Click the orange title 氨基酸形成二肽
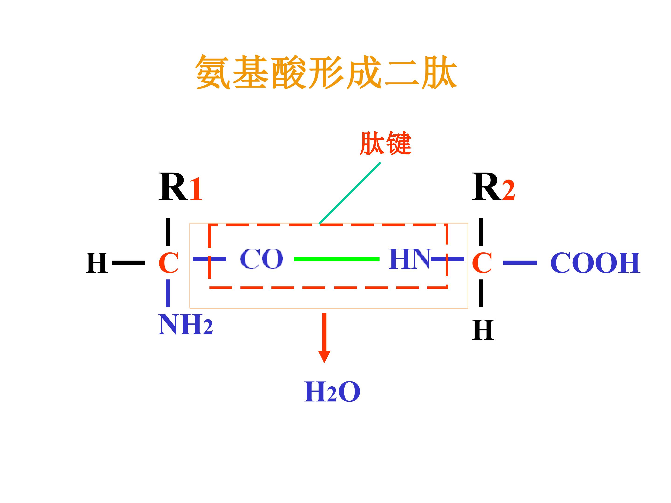tap(326, 72)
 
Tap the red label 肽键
tap(386, 143)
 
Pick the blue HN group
tap(410, 259)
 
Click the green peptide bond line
tap(337, 259)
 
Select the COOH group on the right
tap(596, 263)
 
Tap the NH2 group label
tap(185, 324)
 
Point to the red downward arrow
tap(324, 338)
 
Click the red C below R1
tap(168, 263)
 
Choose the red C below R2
tap(482, 263)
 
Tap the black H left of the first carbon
tap(97, 263)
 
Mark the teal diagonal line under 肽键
tap(350, 193)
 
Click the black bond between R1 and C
tap(168, 232)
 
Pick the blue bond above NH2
tap(168, 293)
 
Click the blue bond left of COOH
tap(520, 263)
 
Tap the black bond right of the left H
tap(129, 263)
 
